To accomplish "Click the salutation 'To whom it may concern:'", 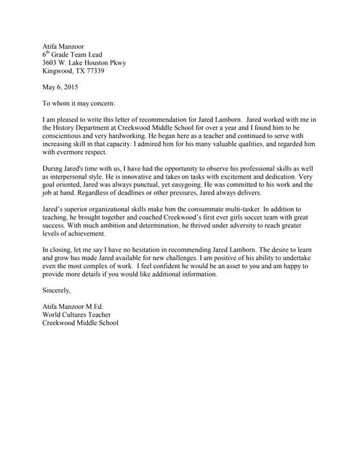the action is pos(79,102).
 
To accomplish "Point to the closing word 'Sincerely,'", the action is pos(57,290).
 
